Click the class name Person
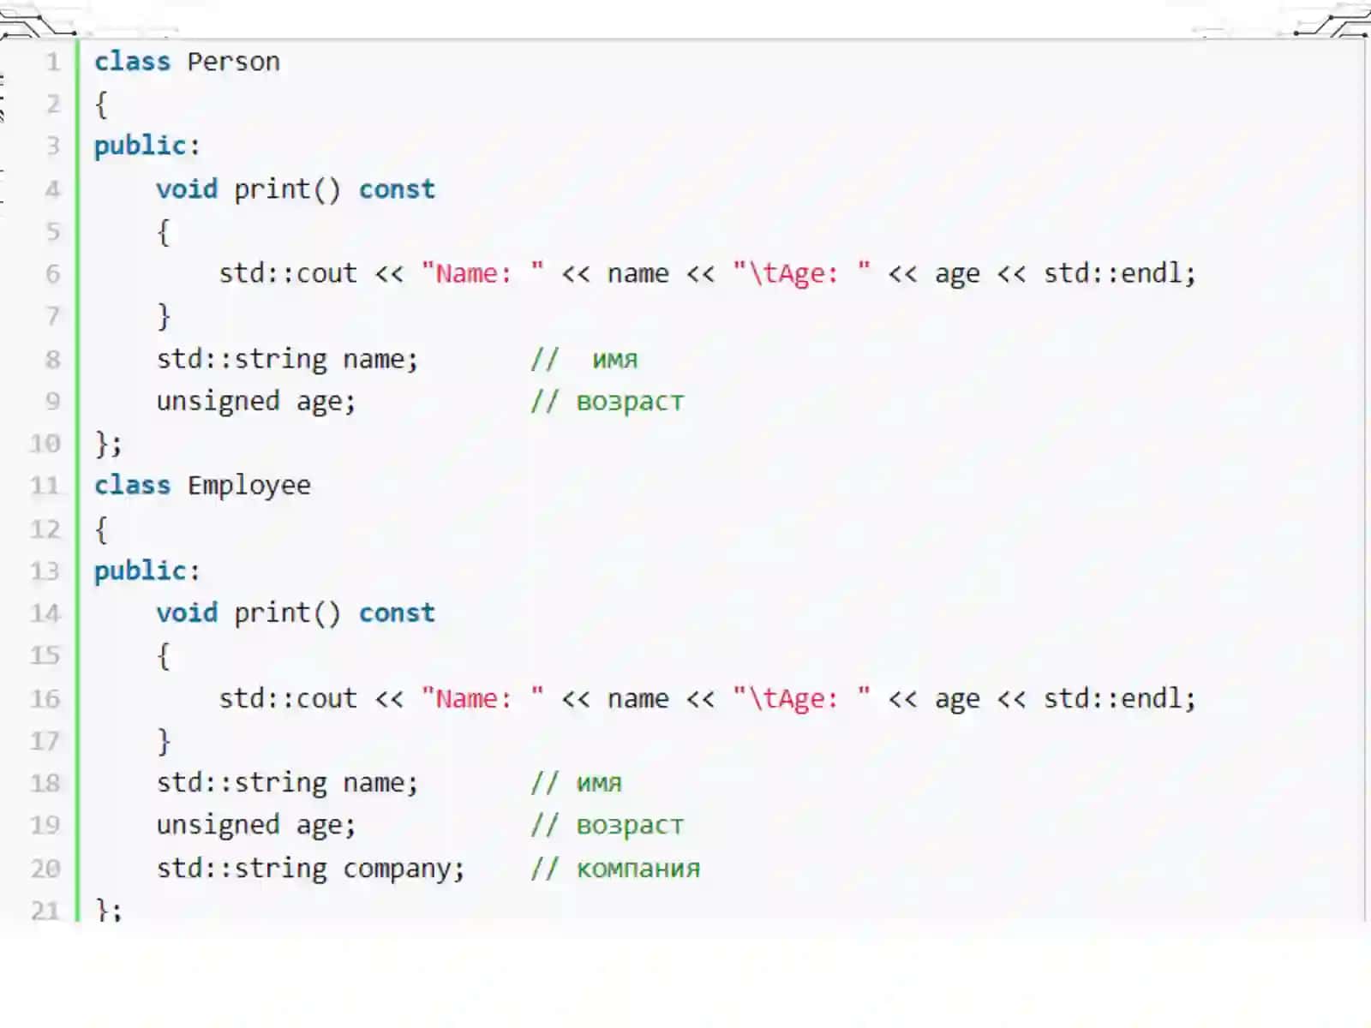(234, 62)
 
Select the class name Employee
(249, 486)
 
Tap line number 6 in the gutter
(53, 273)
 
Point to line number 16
(45, 698)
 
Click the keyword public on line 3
(140, 146)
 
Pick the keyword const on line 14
(397, 613)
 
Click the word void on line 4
(187, 188)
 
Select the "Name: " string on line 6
(482, 273)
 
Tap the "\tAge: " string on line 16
(801, 698)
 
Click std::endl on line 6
(1111, 273)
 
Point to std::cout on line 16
(288, 698)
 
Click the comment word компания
(638, 869)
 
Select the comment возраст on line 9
(630, 402)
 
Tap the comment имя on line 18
(599, 783)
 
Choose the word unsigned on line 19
(218, 825)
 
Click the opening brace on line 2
(101, 105)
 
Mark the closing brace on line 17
(164, 742)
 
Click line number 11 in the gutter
(45, 486)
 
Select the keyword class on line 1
(132, 62)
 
